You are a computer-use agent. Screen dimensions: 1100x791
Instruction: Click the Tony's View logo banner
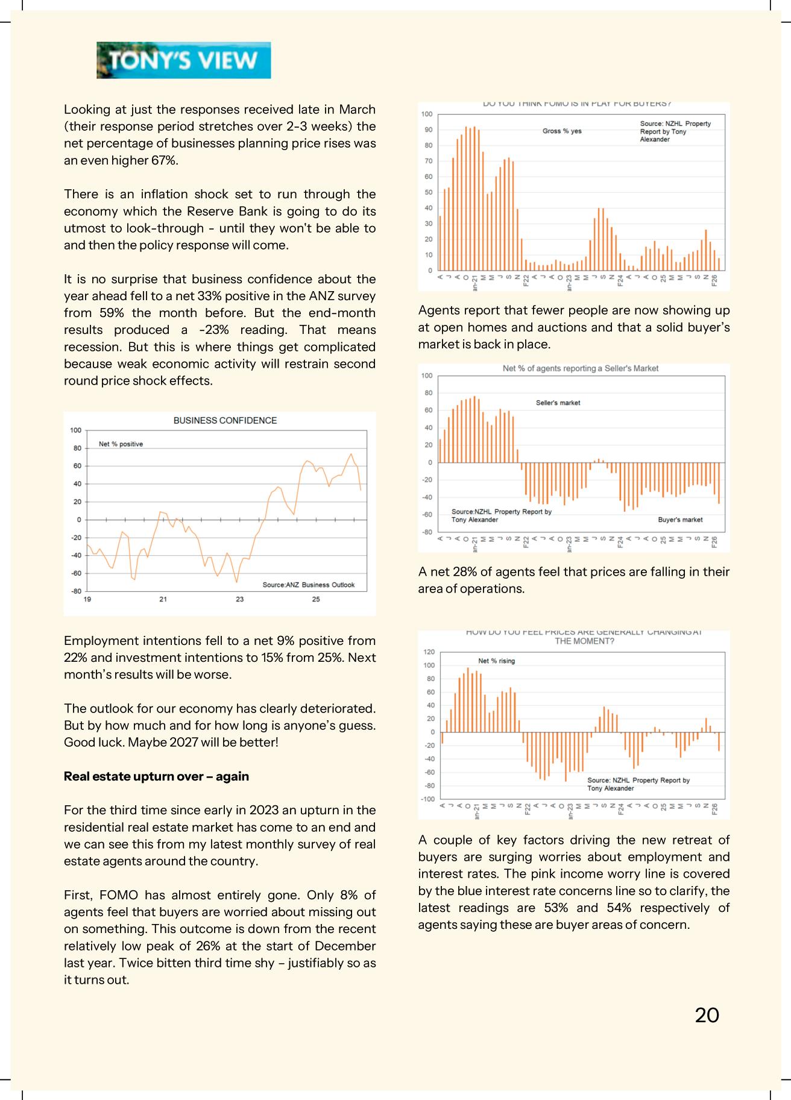coord(183,60)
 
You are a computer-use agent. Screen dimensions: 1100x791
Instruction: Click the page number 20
coord(707,1015)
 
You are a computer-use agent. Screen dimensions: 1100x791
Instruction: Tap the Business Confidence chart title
coord(225,421)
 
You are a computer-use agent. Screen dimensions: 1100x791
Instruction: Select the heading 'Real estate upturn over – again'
coord(156,776)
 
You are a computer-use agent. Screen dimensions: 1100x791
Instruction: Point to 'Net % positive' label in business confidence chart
coord(121,444)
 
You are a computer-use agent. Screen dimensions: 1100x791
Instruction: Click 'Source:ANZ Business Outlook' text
coord(308,585)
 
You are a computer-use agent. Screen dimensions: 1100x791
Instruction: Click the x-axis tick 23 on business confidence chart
coord(239,599)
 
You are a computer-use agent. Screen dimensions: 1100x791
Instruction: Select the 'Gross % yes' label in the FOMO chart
coord(562,131)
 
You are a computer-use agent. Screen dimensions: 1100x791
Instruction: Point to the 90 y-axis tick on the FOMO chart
coord(428,130)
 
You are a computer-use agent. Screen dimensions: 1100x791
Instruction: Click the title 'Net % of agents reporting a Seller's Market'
coord(580,368)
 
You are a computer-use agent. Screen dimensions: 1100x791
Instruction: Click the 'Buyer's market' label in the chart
coord(680,520)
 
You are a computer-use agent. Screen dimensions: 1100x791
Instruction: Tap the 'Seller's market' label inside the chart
coord(558,403)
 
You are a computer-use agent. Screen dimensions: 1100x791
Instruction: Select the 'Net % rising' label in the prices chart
coord(496,661)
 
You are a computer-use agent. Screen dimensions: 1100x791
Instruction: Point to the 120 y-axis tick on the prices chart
coord(429,652)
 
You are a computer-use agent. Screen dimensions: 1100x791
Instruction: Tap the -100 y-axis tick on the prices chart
coord(427,799)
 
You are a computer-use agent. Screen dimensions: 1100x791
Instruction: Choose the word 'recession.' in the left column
coord(92,347)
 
